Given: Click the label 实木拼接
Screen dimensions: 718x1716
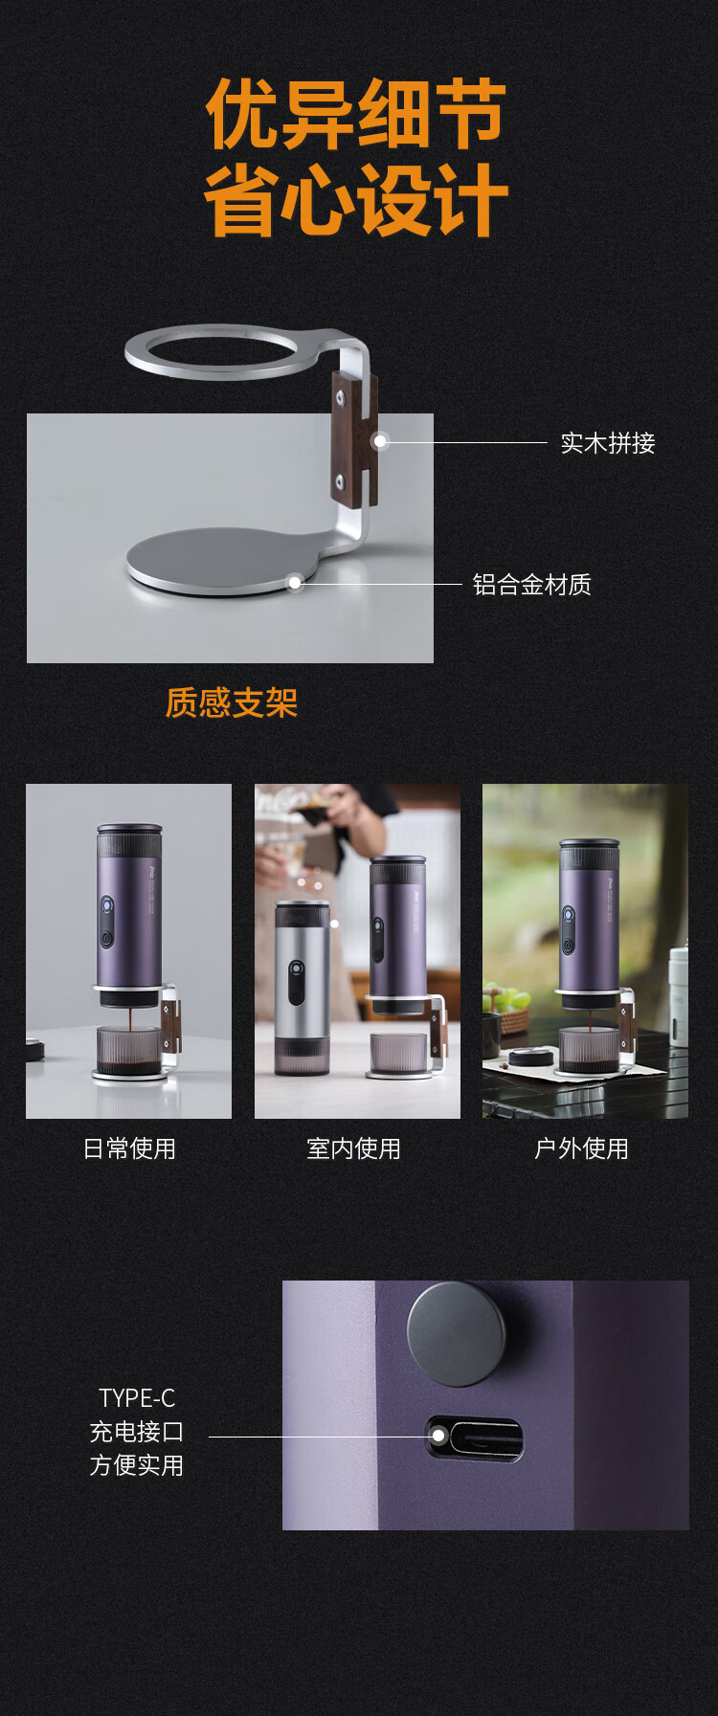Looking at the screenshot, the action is click(x=608, y=443).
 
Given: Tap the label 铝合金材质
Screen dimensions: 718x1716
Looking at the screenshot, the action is click(x=532, y=585).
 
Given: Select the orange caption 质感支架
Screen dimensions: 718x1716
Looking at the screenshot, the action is click(x=232, y=702).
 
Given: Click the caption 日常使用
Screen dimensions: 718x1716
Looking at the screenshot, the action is click(x=129, y=1148).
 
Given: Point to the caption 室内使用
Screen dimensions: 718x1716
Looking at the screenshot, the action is click(x=354, y=1148).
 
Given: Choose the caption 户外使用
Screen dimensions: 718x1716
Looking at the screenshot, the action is click(x=581, y=1148).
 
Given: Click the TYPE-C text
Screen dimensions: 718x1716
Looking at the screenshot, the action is click(x=137, y=1398).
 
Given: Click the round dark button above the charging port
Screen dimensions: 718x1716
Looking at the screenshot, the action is click(x=456, y=1334).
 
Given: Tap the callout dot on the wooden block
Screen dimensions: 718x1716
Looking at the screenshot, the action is click(x=380, y=441).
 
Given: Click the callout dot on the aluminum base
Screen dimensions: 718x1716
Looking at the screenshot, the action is click(x=296, y=583).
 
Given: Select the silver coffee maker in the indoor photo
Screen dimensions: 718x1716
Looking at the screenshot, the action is click(x=302, y=986).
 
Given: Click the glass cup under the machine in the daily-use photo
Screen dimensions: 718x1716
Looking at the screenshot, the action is click(x=128, y=1052).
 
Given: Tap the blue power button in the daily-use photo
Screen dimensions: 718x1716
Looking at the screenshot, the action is click(x=106, y=905).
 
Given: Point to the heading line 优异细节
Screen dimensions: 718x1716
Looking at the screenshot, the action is click(x=356, y=114).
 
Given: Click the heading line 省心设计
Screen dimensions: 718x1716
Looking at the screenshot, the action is click(x=356, y=199).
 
